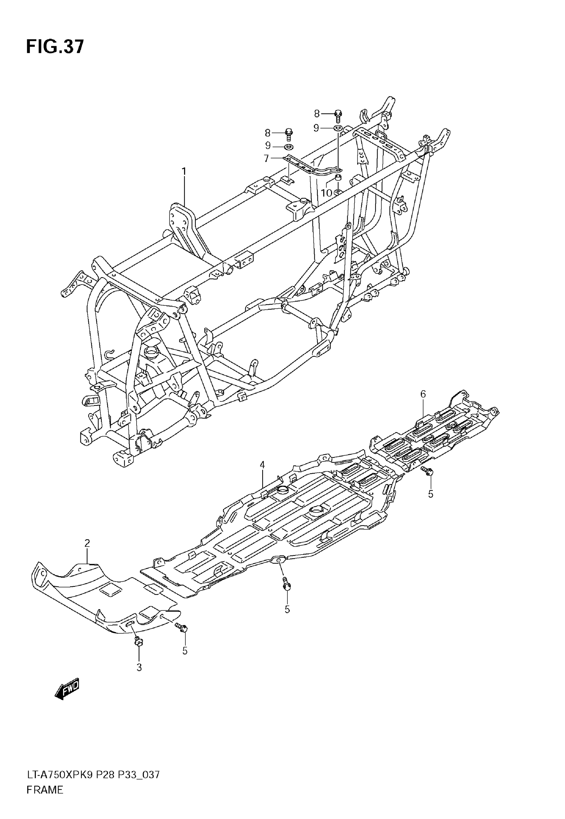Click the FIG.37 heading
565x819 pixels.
tap(55, 47)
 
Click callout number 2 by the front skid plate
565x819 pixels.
tap(87, 543)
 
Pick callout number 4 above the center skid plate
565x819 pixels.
tap(262, 464)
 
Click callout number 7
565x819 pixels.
tap(267, 158)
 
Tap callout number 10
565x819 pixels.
tap(326, 193)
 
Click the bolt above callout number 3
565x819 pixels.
tap(138, 640)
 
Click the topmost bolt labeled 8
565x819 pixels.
tap(338, 115)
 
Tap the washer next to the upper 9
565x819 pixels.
tap(338, 128)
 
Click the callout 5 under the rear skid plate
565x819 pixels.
tap(430, 494)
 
